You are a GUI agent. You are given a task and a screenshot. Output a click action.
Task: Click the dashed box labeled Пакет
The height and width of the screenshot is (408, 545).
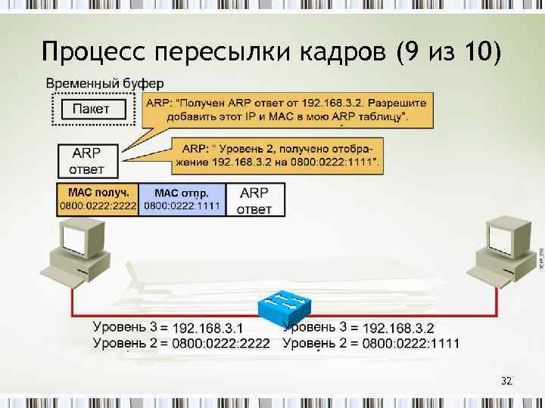tap(91, 109)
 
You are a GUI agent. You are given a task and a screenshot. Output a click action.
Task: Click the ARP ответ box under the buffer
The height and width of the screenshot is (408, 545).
tap(88, 159)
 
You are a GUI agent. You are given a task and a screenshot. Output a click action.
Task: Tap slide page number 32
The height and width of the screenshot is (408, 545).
tap(506, 382)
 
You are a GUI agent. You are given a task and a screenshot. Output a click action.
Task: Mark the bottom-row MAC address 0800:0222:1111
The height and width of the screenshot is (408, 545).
tap(411, 344)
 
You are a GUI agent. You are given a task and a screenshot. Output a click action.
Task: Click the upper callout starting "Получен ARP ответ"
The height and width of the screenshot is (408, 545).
tap(286, 110)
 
